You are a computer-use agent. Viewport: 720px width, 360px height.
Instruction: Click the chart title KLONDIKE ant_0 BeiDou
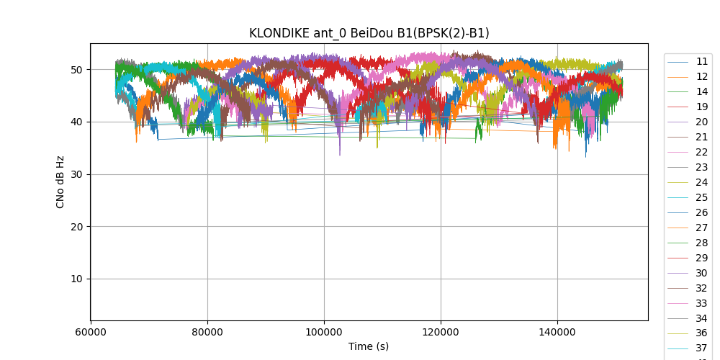(369, 33)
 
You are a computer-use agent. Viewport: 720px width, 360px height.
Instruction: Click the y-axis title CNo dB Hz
(60, 182)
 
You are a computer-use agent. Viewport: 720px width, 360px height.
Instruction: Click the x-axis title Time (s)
(369, 346)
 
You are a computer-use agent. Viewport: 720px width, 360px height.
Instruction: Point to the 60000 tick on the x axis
(91, 332)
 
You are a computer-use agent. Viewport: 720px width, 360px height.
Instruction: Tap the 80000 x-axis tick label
(207, 332)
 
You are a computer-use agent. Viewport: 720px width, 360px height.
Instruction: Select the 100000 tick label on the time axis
(324, 332)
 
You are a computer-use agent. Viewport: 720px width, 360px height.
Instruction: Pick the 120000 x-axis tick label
(441, 332)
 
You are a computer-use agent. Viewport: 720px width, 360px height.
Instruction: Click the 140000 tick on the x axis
(557, 332)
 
